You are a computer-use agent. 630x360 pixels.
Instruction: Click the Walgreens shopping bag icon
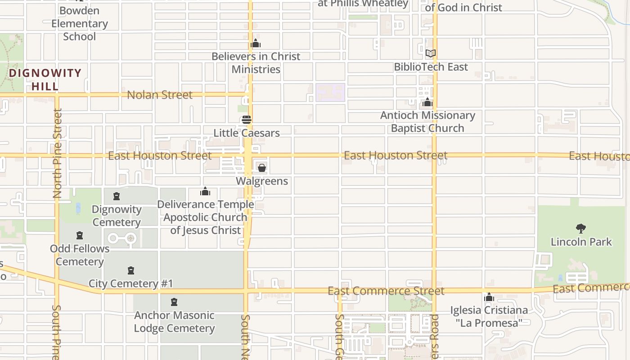click(262, 168)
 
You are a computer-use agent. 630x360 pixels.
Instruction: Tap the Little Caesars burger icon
click(247, 120)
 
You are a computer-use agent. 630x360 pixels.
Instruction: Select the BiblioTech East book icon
click(431, 54)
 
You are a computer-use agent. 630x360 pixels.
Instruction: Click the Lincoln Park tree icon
click(581, 229)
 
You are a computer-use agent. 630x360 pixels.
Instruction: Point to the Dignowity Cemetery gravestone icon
click(117, 196)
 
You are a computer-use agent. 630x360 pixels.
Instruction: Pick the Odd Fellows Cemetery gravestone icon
click(80, 235)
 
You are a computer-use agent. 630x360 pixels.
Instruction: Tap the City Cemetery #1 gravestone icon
click(131, 270)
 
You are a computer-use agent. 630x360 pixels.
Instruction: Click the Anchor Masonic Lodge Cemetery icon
click(174, 302)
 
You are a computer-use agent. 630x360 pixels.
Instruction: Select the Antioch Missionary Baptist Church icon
click(427, 103)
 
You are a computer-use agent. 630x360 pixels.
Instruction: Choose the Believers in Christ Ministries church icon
click(256, 44)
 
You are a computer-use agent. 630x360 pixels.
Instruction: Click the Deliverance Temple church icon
click(205, 192)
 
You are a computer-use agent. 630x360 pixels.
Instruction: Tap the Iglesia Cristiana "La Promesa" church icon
click(489, 297)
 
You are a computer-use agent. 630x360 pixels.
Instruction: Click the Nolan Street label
click(160, 95)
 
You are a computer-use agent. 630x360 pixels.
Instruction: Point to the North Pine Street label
click(57, 153)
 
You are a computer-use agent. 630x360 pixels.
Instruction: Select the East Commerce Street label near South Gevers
click(386, 291)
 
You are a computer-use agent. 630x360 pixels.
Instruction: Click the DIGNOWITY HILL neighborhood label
click(45, 79)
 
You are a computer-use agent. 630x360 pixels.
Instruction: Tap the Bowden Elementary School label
click(80, 23)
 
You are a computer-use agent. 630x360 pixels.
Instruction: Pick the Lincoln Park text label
click(581, 242)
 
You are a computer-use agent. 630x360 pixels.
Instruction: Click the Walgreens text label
click(262, 181)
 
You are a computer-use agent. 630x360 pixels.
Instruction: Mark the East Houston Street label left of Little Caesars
click(160, 156)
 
